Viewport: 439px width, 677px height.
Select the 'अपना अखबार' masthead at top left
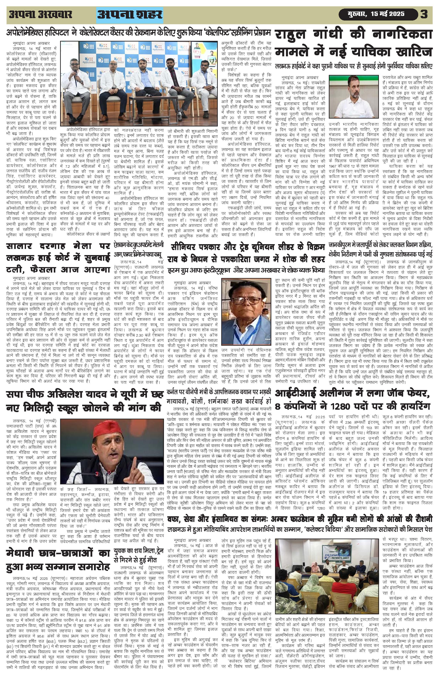(x=40, y=14)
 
